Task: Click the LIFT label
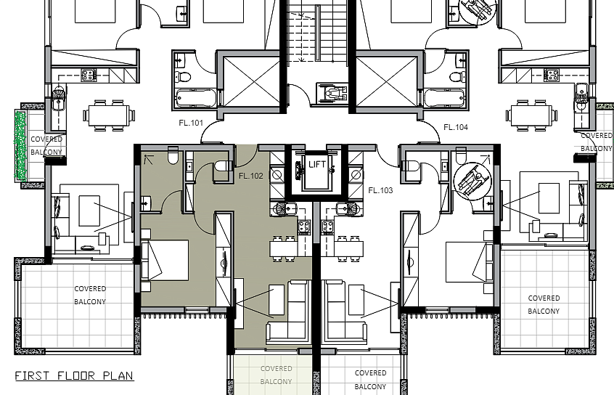[x=316, y=164]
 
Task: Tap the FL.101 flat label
[x=191, y=123]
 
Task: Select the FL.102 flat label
[x=251, y=176]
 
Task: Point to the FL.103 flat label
[x=380, y=190]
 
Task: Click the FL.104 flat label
[x=456, y=127]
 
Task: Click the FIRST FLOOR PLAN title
[x=75, y=376]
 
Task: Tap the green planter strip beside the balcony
[x=20, y=146]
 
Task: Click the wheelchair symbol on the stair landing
[x=332, y=93]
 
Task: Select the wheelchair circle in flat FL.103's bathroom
[x=473, y=182]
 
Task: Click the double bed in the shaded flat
[x=165, y=260]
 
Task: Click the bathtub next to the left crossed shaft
[x=196, y=98]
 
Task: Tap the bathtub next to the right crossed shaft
[x=444, y=98]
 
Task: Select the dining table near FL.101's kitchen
[x=109, y=115]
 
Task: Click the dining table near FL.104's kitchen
[x=531, y=115]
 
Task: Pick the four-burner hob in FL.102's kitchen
[x=304, y=226]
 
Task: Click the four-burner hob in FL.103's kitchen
[x=328, y=226]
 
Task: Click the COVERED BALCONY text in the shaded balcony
[x=276, y=375]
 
